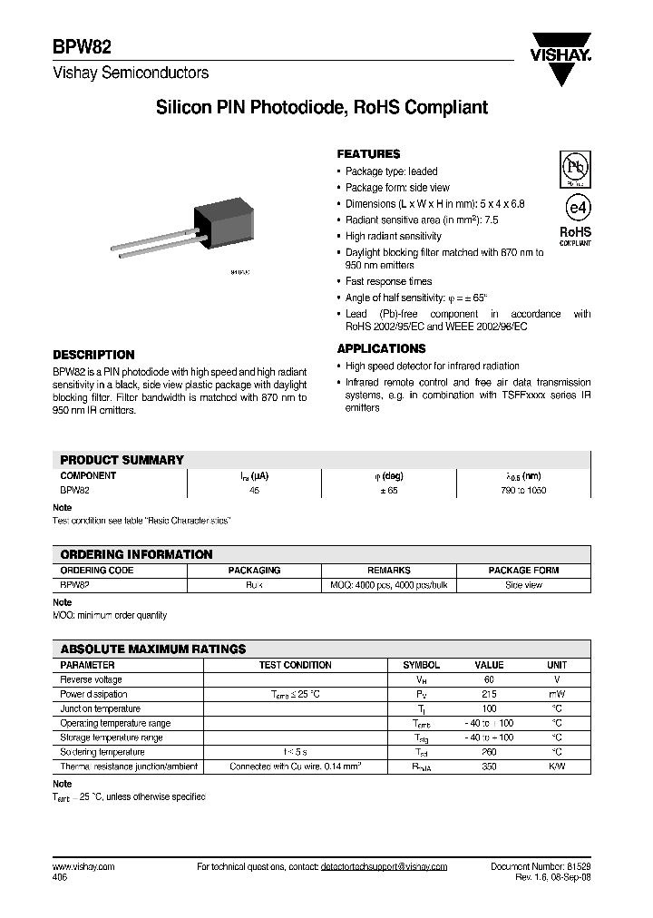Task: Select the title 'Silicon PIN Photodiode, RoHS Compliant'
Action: (x=322, y=108)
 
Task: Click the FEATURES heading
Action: (x=368, y=154)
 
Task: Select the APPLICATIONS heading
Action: (x=381, y=349)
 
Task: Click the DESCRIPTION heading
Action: (x=93, y=356)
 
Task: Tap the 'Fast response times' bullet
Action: (x=388, y=282)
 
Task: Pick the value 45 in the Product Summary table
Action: (x=254, y=491)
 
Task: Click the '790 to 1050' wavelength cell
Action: (x=522, y=491)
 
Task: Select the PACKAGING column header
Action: (x=254, y=571)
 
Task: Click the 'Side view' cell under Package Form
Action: (x=522, y=586)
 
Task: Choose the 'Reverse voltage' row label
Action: (x=91, y=679)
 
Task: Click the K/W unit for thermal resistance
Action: (x=557, y=767)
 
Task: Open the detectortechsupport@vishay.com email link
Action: (x=384, y=867)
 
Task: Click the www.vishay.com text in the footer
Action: (x=83, y=867)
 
